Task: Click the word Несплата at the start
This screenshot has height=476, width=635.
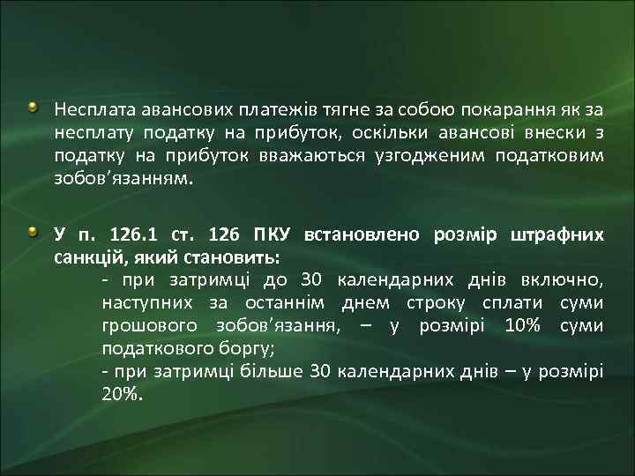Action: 89,110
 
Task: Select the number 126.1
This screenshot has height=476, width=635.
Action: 133,235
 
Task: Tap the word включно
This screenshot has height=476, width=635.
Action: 566,280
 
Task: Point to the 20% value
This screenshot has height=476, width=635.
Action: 121,394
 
